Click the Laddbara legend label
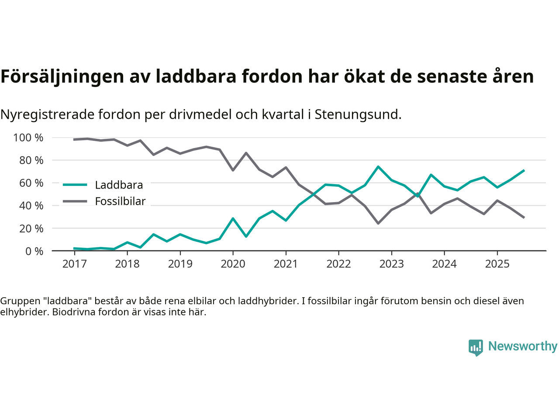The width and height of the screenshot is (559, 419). pyautogui.click(x=119, y=185)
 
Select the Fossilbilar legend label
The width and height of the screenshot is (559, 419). pyautogui.click(x=120, y=201)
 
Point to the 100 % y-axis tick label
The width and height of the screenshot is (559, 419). pyautogui.click(x=28, y=138)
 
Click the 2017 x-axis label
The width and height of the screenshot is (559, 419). pyautogui.click(x=74, y=264)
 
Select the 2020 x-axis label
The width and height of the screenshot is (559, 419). pyautogui.click(x=233, y=264)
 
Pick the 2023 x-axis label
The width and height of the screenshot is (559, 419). pyautogui.click(x=391, y=264)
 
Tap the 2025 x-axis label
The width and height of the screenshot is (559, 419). pyautogui.click(x=497, y=264)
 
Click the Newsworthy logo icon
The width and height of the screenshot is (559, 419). pyautogui.click(x=476, y=347)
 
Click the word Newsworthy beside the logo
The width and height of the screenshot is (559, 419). pyautogui.click(x=523, y=346)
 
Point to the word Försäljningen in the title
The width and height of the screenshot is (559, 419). pyautogui.click(x=62, y=76)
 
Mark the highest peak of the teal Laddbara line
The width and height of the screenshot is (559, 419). pyautogui.click(x=378, y=167)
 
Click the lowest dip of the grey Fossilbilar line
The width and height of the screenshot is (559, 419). pyautogui.click(x=378, y=223)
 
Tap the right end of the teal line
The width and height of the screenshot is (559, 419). pyautogui.click(x=524, y=171)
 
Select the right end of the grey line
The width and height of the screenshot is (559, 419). pyautogui.click(x=524, y=217)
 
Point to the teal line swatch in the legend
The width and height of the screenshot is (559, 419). pyautogui.click(x=75, y=185)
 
